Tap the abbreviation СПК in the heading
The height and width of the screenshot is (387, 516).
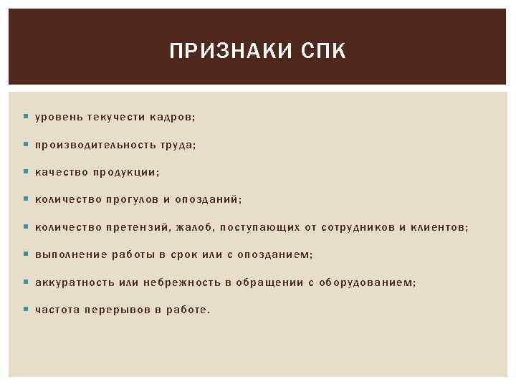coord(323,52)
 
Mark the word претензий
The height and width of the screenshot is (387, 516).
coord(137,227)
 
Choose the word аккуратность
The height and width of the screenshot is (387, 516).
coord(75,282)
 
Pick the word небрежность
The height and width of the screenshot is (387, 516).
coord(182,282)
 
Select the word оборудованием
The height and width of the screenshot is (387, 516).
coord(366,282)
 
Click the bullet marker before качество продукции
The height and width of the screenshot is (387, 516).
coord(26,172)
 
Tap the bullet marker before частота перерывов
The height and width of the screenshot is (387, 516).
coord(26,310)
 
